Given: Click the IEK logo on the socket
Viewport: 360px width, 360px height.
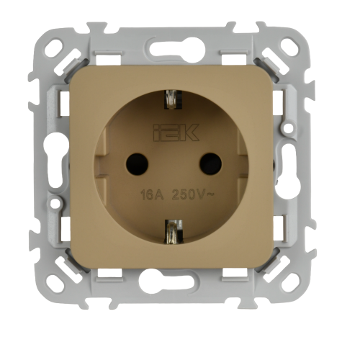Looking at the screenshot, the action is click(x=176, y=132).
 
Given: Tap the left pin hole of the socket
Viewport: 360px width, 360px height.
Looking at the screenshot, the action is click(x=137, y=164).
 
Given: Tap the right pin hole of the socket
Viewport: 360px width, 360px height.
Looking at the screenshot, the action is click(x=210, y=164).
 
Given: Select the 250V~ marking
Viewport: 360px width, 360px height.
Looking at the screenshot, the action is click(x=193, y=195).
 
